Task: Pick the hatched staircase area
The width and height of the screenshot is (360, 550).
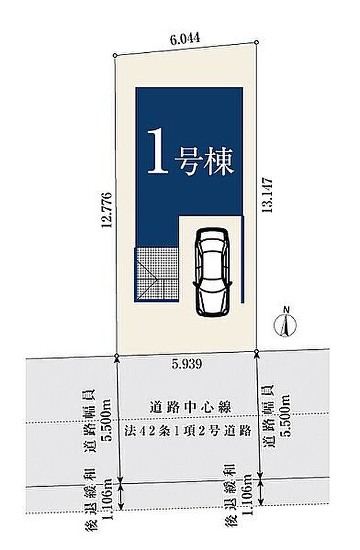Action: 157,274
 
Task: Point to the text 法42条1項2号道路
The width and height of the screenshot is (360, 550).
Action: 187,430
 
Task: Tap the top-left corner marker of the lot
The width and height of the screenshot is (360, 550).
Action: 115,56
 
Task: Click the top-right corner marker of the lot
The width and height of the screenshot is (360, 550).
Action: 256,42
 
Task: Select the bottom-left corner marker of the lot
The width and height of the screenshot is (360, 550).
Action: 117,354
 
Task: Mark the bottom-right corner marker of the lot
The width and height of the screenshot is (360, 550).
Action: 257,351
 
